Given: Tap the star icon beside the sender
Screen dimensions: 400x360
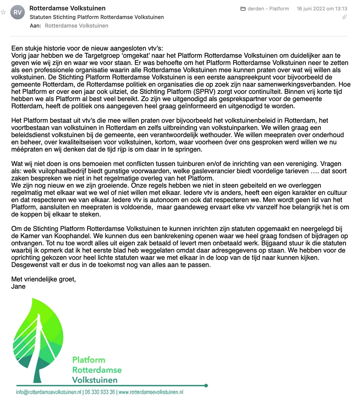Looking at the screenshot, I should coord(3,12).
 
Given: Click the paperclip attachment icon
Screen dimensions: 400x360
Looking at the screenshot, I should coord(345,17).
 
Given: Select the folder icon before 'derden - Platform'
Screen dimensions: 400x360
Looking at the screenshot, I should coord(243,9).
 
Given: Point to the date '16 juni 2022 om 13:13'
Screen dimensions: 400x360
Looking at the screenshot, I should coord(322,9).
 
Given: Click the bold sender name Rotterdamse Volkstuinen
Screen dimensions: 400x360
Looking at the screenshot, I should coord(67,8).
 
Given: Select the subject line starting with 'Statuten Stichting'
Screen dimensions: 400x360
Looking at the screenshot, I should coord(96,17).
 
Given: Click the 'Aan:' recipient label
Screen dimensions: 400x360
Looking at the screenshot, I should coord(35,26).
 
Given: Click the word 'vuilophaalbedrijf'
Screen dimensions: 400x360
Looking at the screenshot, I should coord(67,171).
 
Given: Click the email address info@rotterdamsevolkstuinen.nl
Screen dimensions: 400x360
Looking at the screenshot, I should coord(48,392).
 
